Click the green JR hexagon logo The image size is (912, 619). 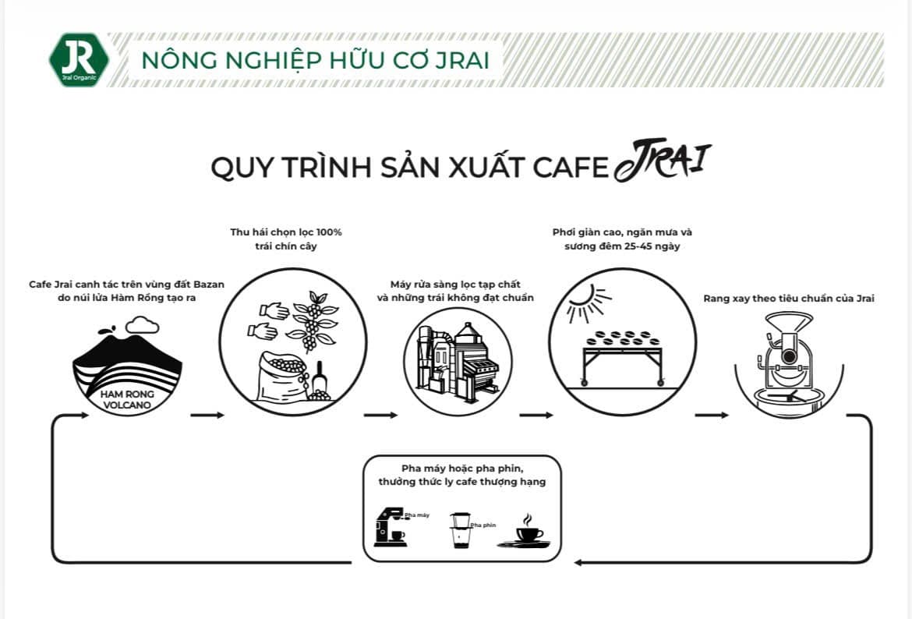pos(79,59)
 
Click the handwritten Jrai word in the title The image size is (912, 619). pos(662,162)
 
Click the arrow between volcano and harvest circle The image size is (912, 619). pos(207,415)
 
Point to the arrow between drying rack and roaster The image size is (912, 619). pos(711,415)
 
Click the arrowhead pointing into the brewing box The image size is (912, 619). pos(577,561)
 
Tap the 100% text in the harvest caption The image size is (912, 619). pos(326,232)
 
